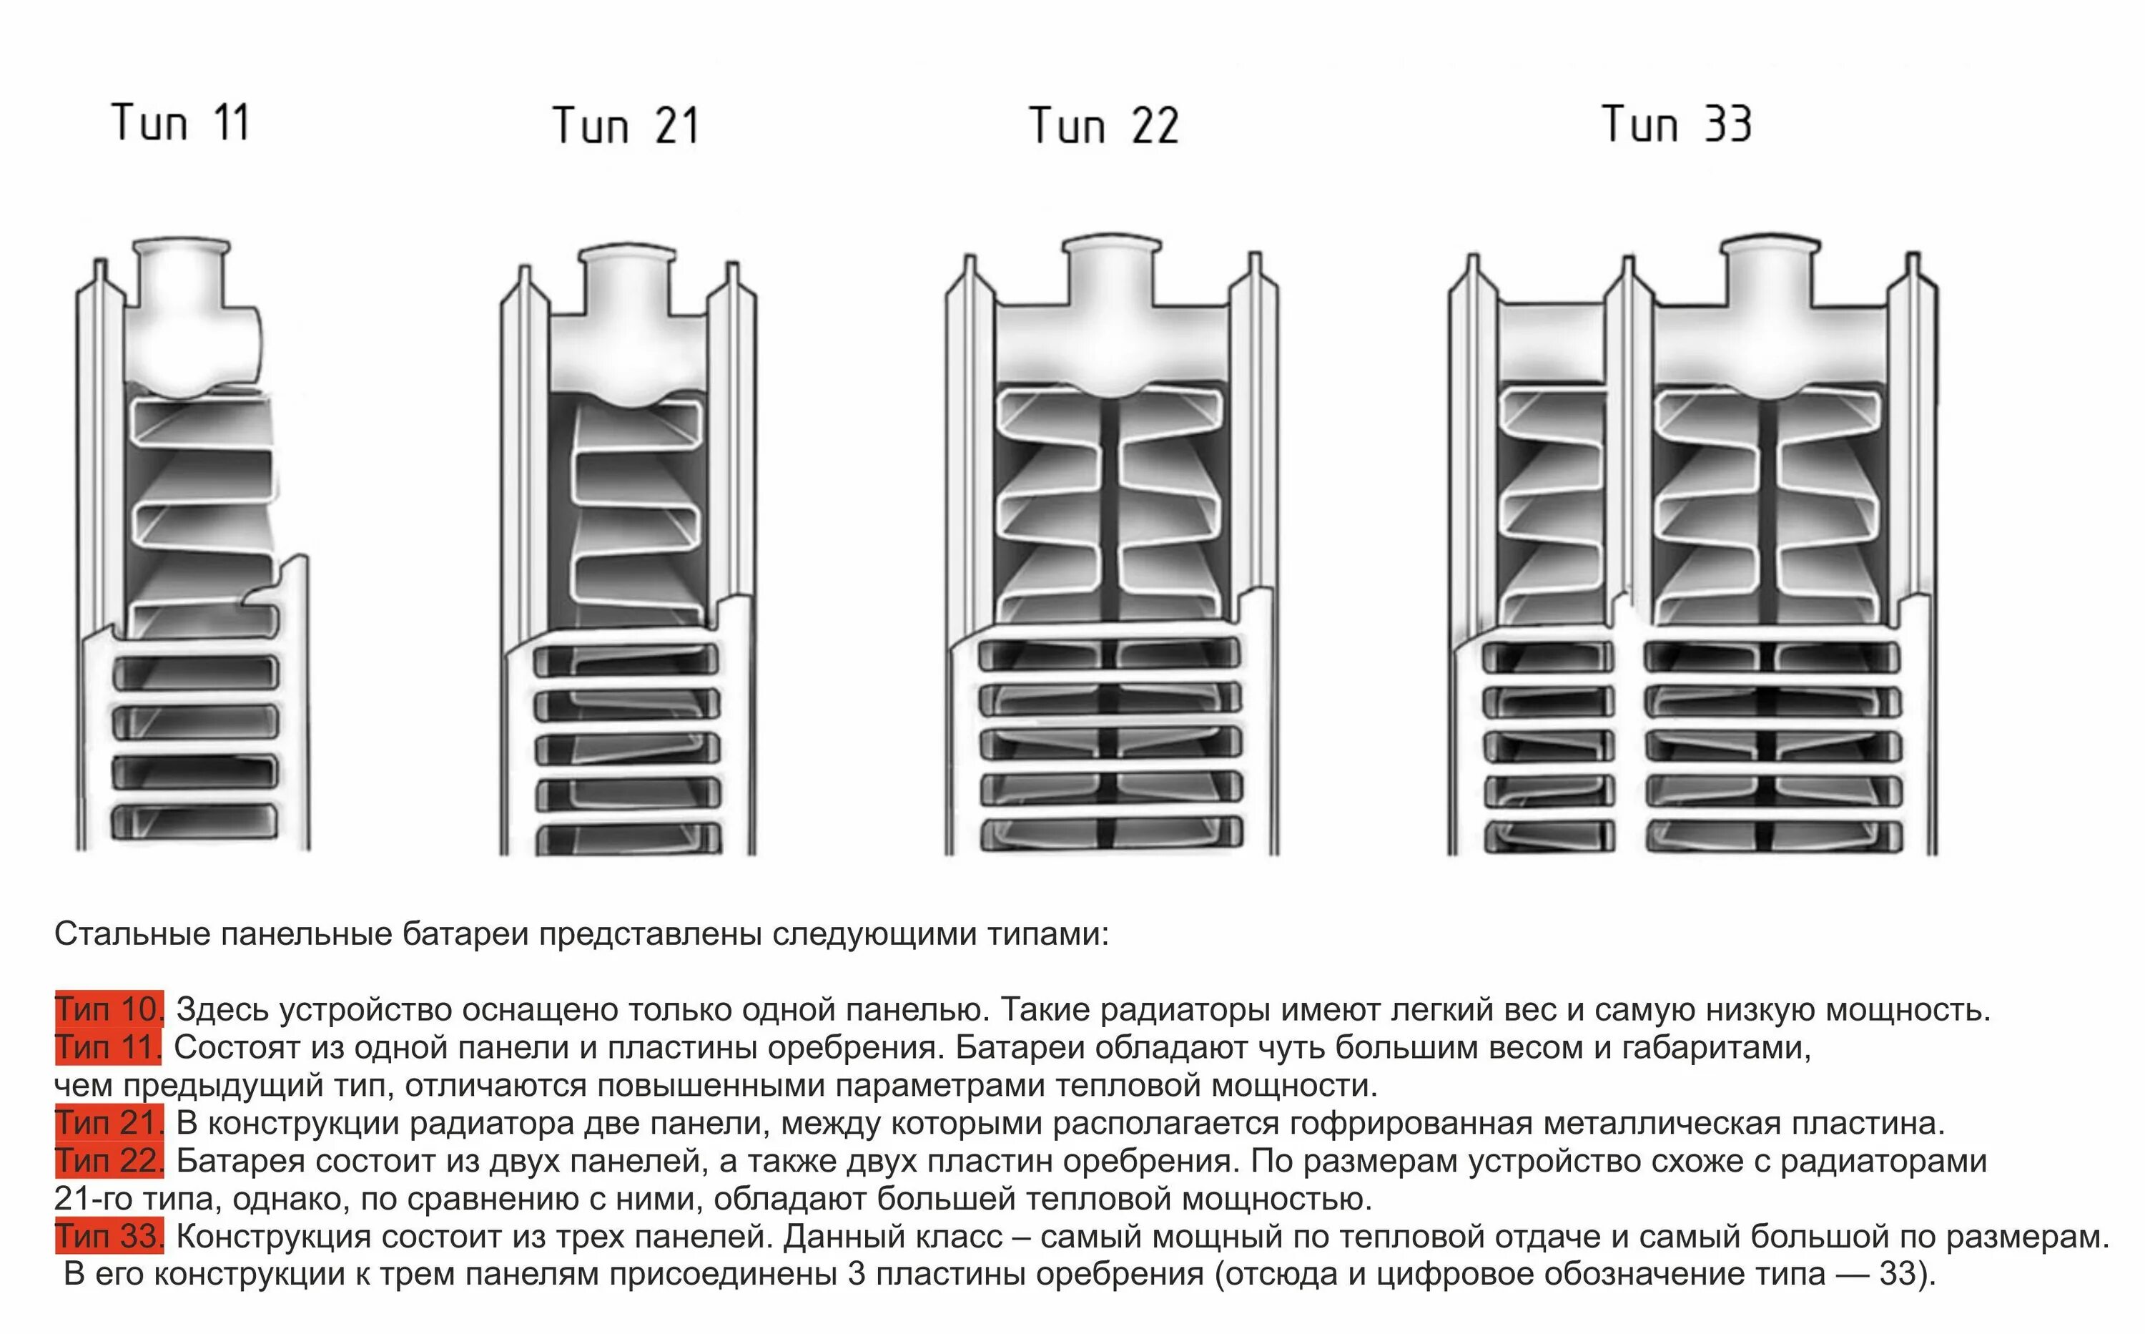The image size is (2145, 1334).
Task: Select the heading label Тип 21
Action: coord(626,125)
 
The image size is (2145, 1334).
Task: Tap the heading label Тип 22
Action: coord(1103,125)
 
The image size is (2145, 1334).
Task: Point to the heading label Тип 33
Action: coord(1676,124)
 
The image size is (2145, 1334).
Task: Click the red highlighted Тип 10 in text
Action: coord(109,1009)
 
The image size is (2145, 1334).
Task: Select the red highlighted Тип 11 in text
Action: coord(107,1047)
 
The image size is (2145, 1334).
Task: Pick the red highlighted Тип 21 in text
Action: coord(109,1123)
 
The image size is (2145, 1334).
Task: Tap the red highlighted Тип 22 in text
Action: coord(109,1161)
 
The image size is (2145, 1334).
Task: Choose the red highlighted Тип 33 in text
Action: coord(109,1237)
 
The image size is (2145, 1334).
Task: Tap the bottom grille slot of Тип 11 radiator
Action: coord(194,823)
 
